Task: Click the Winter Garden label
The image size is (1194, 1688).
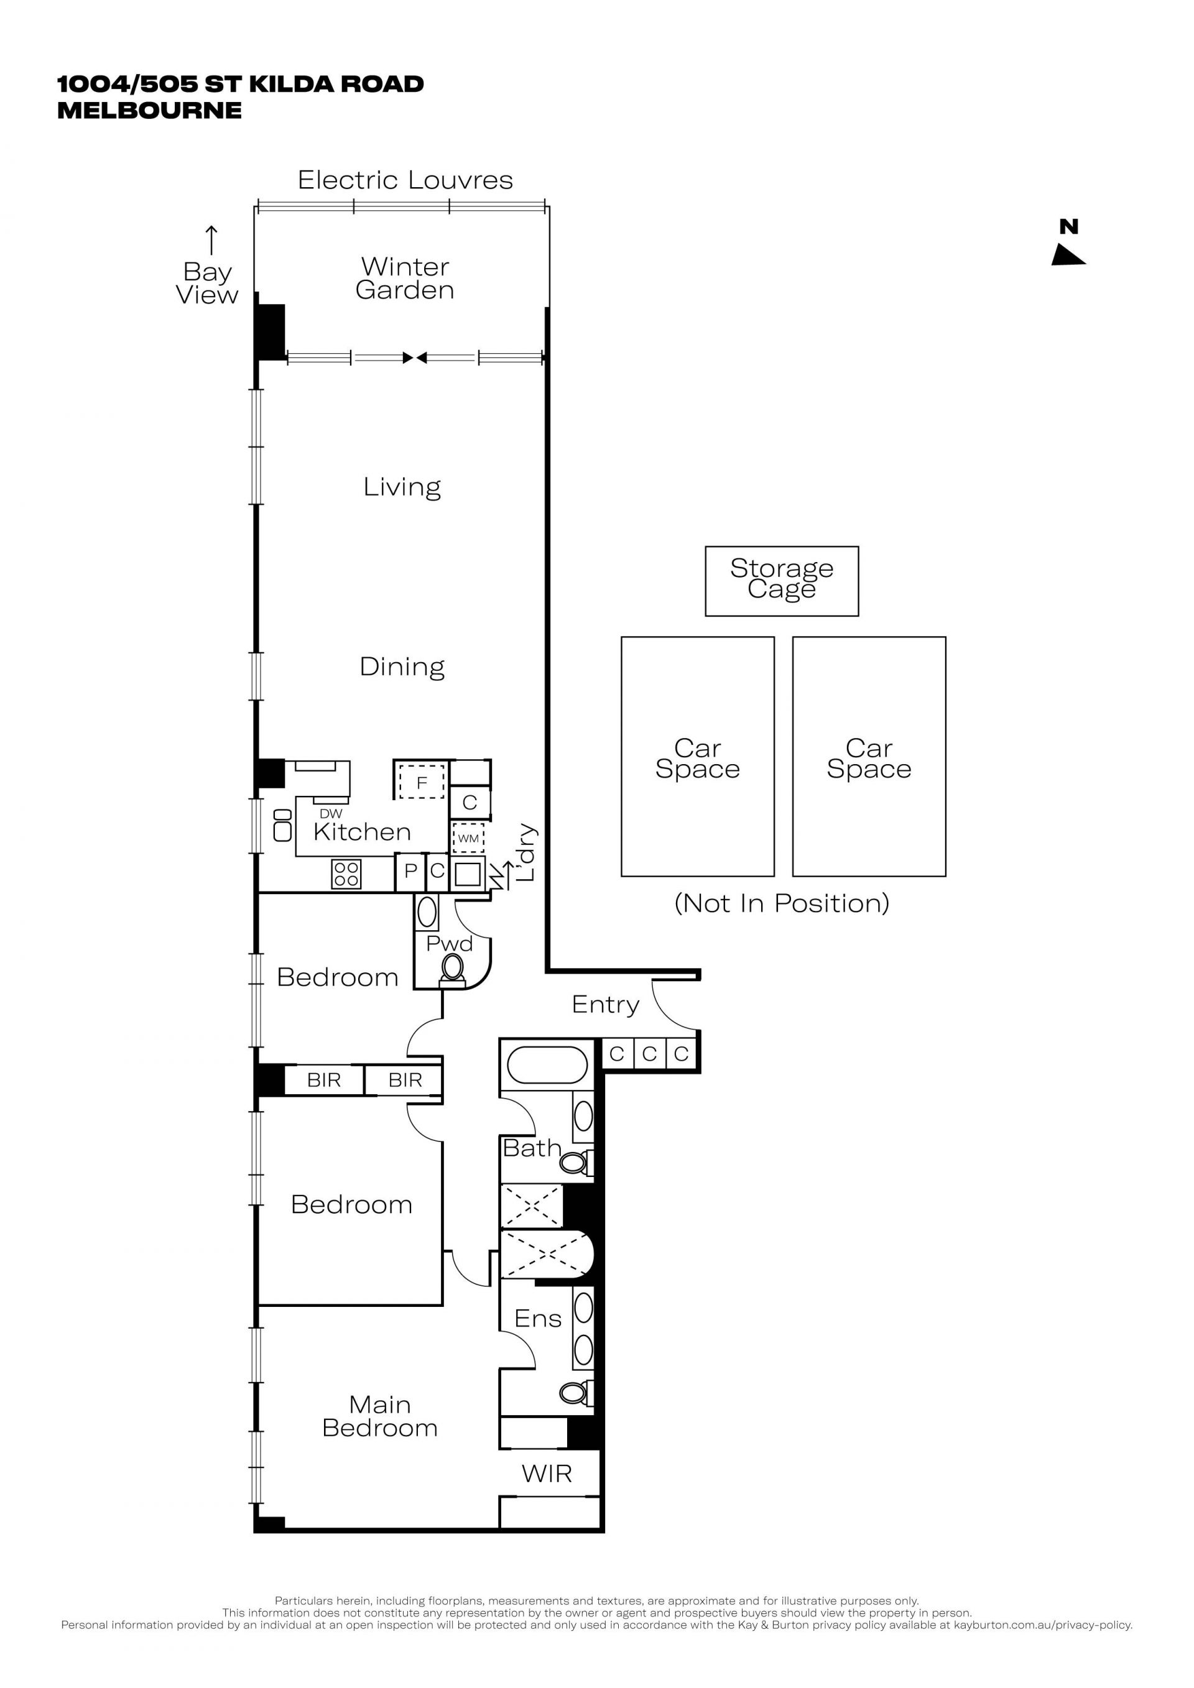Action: coord(404,278)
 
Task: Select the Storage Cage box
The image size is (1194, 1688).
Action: coord(782,581)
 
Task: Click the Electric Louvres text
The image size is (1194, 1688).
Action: coord(405,180)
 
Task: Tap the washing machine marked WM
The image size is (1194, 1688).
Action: coord(468,838)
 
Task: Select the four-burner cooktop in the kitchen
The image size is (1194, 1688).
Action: coord(346,874)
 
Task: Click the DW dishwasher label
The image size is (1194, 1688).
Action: coord(331,814)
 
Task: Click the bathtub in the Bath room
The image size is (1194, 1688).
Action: coord(547,1065)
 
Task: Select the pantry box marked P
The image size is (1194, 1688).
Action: coord(411,872)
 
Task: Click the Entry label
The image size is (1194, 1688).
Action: coord(606,1005)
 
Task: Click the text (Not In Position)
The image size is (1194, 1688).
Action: coord(782,903)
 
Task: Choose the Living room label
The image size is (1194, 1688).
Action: coord(402,487)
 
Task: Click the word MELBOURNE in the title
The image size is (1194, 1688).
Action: coord(149,110)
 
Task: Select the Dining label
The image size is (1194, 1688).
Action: coord(402,667)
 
